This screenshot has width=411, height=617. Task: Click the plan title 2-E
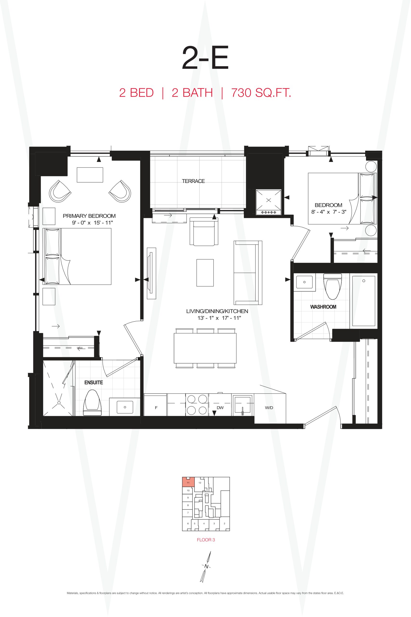205,58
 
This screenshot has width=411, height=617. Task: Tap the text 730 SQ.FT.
261,93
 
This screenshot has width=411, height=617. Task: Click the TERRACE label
193,181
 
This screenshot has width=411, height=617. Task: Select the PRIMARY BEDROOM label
89,216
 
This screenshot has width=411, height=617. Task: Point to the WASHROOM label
323,307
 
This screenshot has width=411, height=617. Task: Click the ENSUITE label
94,382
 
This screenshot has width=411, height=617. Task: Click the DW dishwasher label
220,408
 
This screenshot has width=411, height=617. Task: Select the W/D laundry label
269,408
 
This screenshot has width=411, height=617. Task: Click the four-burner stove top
197,404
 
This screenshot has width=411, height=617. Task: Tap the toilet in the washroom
333,286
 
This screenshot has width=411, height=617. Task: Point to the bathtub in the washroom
364,301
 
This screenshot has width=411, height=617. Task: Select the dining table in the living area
205,348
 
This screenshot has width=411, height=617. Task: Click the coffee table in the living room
205,273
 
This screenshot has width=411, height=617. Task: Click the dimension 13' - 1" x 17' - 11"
219,318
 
